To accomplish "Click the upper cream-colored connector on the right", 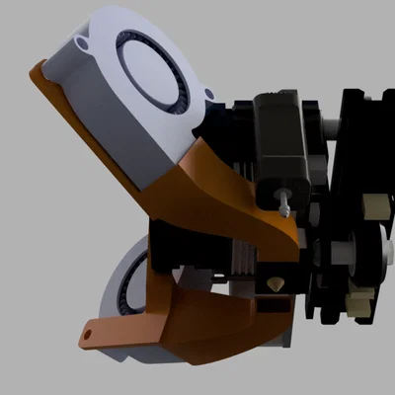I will click(x=376, y=207).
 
